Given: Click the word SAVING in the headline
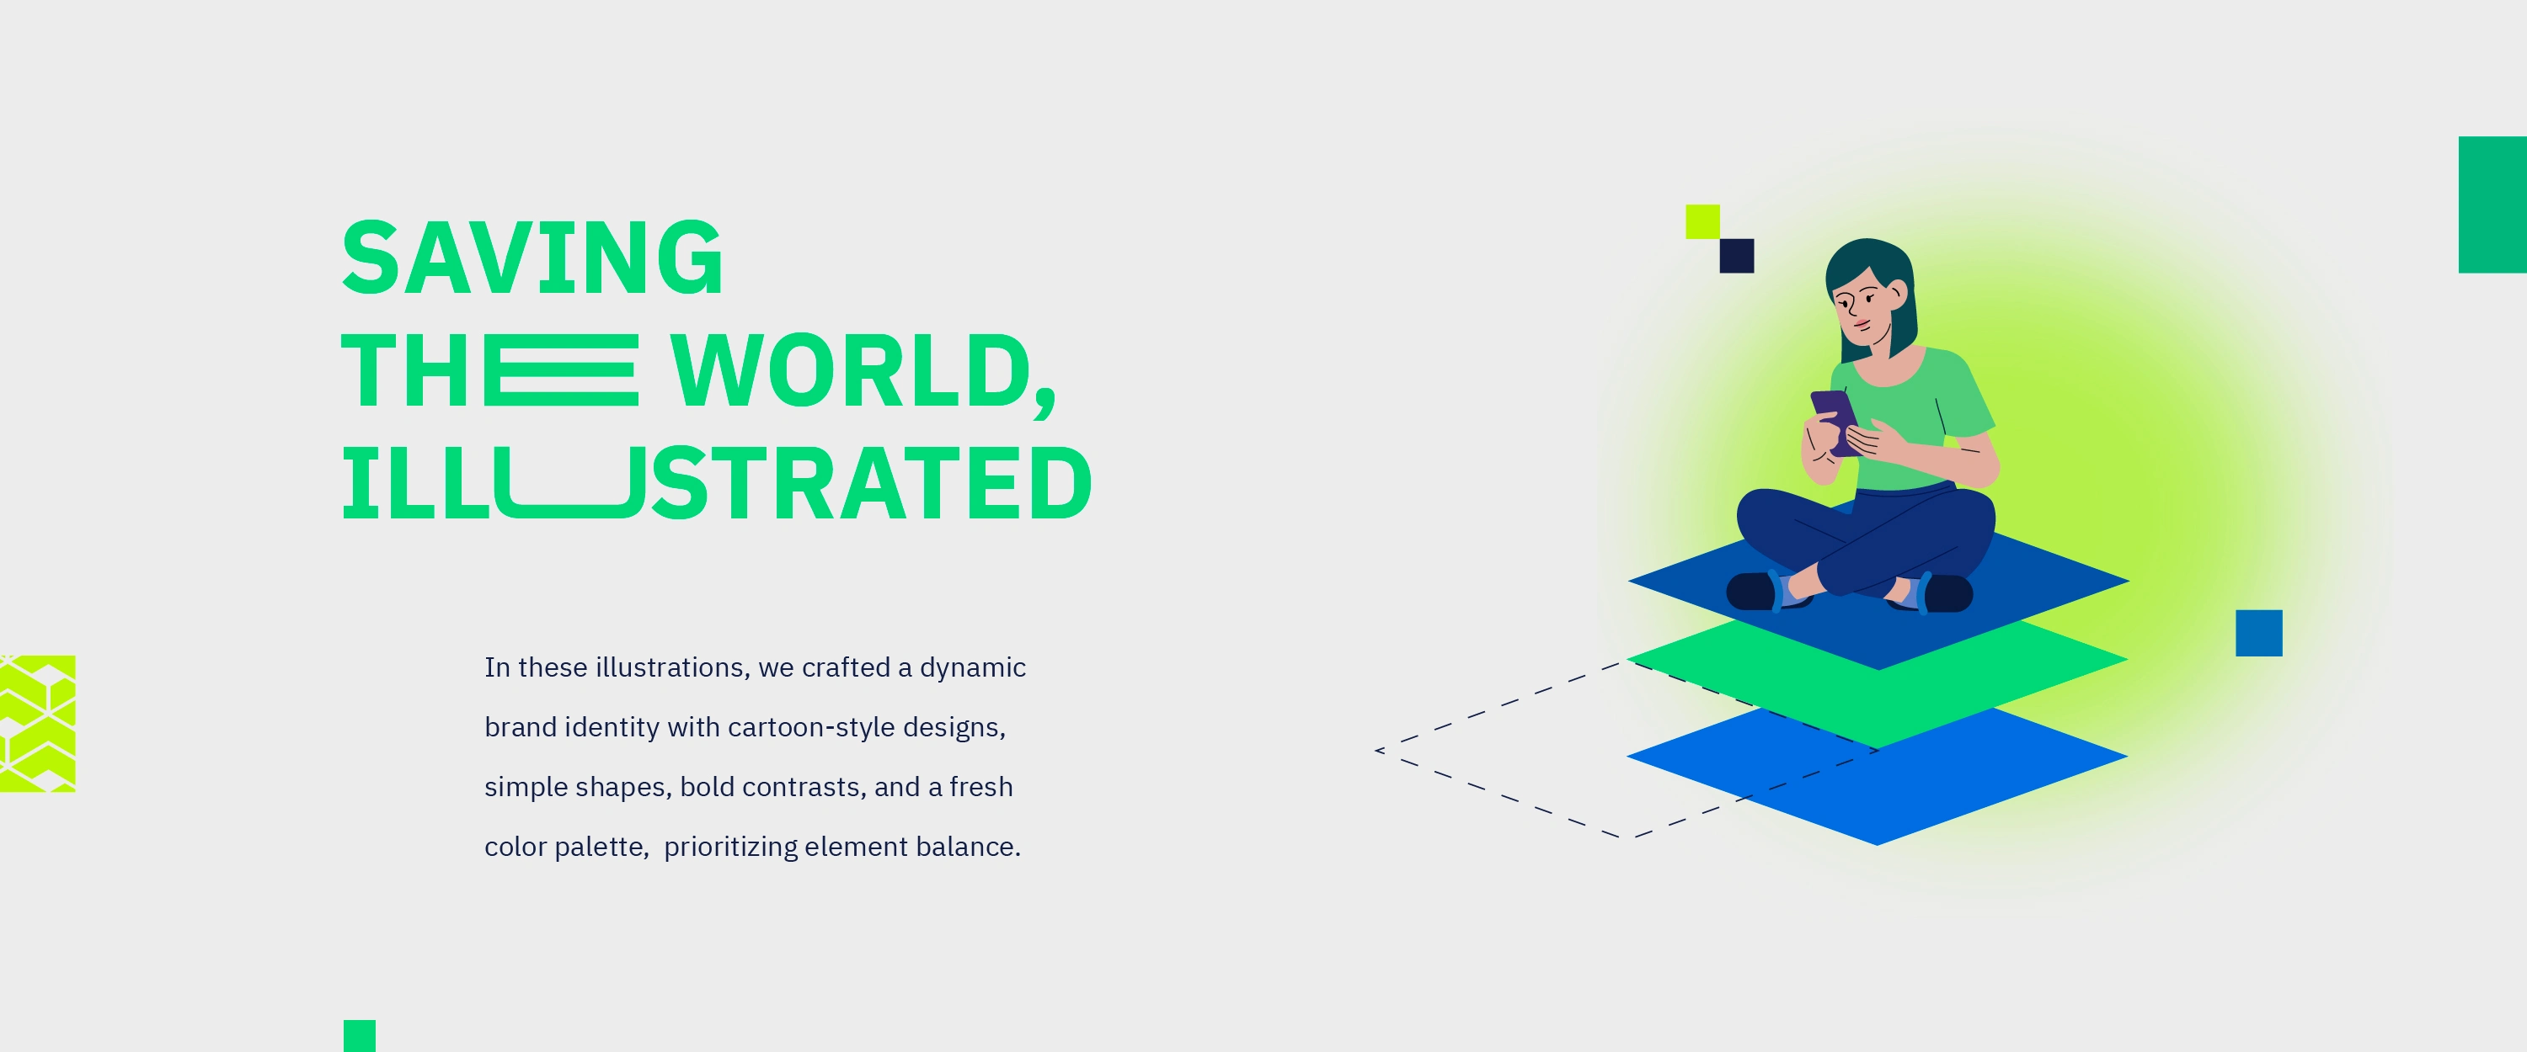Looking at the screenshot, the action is coord(532,257).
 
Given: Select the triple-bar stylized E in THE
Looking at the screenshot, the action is coord(561,369).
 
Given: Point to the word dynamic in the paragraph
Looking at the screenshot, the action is coord(972,667).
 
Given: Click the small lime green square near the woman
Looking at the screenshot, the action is coord(1702,221).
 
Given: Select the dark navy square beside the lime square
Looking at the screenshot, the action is coord(1736,256).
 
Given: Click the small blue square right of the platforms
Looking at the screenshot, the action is coord(2258,632).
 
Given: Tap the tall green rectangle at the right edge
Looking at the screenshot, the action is coord(2492,204).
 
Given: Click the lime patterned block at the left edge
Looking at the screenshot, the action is coord(37,724).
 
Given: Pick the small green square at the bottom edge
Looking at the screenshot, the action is coord(359,1036).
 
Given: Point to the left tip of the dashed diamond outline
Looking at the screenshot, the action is coord(1376,750).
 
